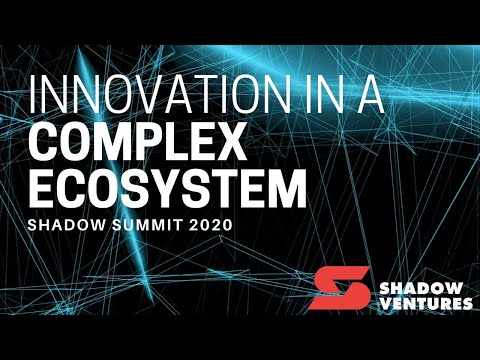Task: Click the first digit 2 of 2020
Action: (191, 225)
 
